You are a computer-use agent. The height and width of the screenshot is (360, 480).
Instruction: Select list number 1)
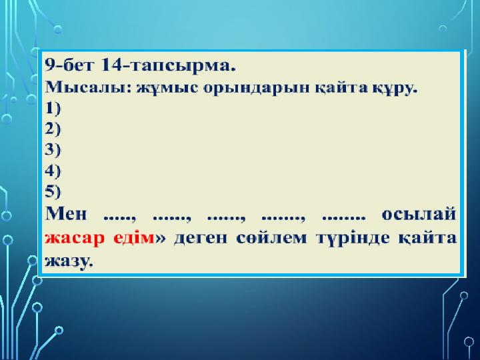pyautogui.click(x=53, y=109)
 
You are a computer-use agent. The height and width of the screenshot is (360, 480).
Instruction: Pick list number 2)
pyautogui.click(x=53, y=129)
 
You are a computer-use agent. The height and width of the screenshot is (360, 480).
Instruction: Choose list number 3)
pyautogui.click(x=53, y=150)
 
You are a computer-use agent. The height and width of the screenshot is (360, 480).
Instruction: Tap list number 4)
pyautogui.click(x=53, y=171)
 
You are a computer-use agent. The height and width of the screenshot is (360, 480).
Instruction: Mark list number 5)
pyautogui.click(x=53, y=191)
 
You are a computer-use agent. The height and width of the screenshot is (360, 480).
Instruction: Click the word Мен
pyautogui.click(x=66, y=213)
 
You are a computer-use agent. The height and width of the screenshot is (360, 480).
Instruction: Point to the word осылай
pyautogui.click(x=419, y=214)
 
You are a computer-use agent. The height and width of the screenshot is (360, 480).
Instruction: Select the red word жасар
pyautogui.click(x=75, y=238)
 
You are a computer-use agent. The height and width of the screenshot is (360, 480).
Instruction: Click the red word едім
pyautogui.click(x=134, y=237)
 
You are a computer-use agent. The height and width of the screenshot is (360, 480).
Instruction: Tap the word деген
pyautogui.click(x=201, y=238)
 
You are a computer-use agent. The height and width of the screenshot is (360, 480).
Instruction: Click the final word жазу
pyautogui.click(x=68, y=261)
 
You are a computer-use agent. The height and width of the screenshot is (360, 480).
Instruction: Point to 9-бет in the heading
pyautogui.click(x=69, y=65)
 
